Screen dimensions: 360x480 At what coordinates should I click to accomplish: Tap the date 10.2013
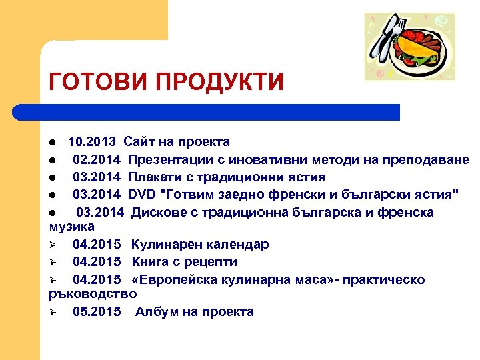[92, 141]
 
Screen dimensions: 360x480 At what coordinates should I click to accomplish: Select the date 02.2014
[97, 159]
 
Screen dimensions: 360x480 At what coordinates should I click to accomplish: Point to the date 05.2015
[97, 312]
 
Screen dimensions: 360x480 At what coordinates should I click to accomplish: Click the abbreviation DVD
[141, 195]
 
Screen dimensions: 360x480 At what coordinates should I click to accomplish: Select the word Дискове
[159, 212]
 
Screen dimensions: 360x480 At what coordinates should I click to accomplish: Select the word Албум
[155, 312]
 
